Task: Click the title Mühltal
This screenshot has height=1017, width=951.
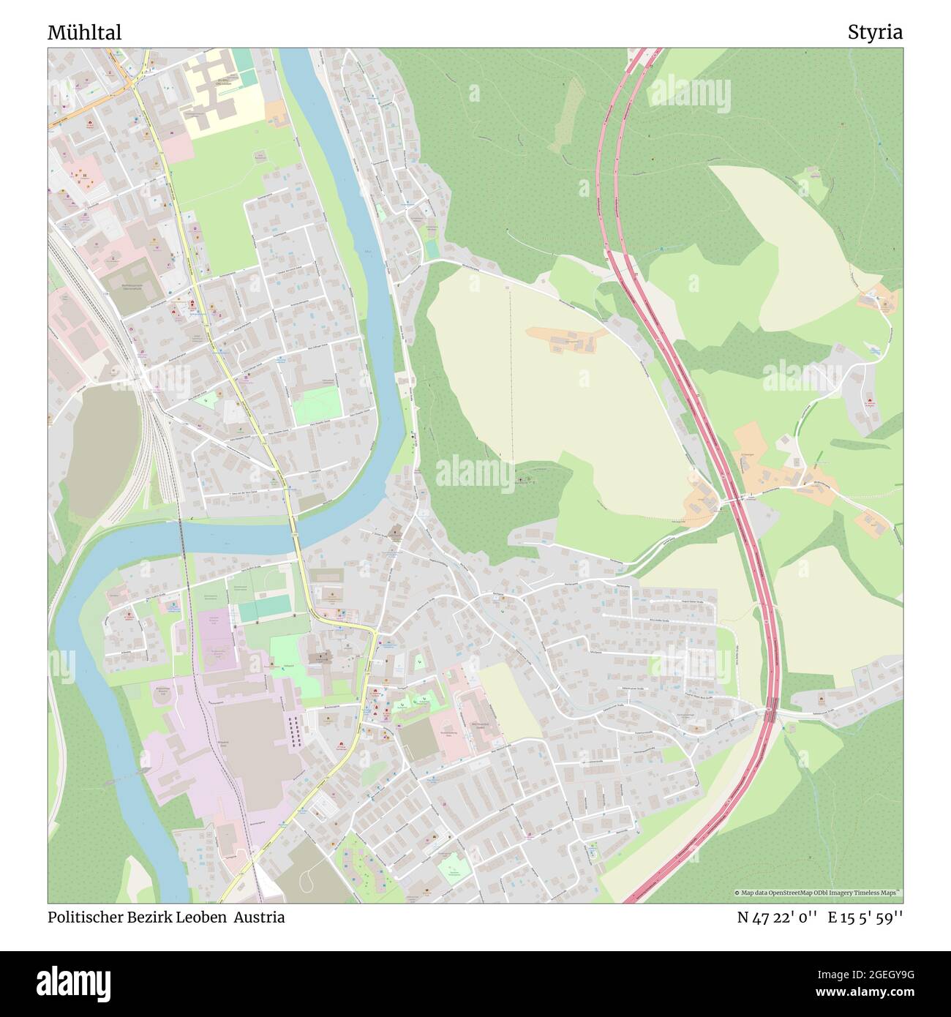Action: [x=84, y=33]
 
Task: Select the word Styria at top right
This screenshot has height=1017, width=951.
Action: [x=875, y=33]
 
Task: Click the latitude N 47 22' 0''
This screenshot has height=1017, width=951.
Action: [x=777, y=917]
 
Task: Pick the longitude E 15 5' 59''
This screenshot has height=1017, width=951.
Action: [x=865, y=917]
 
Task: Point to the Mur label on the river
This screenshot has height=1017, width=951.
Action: [x=367, y=253]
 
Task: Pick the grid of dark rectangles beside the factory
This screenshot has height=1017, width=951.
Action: [x=295, y=732]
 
